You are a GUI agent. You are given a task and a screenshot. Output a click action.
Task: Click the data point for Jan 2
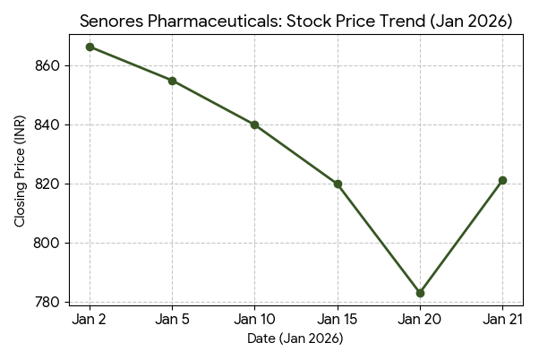[x=90, y=47]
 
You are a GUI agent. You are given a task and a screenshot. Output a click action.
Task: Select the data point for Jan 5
[x=172, y=81]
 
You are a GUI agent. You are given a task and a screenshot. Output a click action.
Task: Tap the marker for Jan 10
[x=254, y=124]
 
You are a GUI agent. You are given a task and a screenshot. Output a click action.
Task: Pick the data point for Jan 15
[x=338, y=184]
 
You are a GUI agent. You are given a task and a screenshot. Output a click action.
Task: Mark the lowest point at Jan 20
[x=420, y=293]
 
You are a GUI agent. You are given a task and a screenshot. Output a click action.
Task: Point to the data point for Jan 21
[x=502, y=180]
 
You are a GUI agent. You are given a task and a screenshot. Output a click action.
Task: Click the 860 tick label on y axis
[x=47, y=65]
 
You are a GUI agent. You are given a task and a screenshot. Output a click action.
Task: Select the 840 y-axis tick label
[x=47, y=124]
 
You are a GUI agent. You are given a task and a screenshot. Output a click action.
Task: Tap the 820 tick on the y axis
[x=47, y=184]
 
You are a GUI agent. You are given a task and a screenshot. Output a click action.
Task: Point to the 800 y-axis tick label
[x=47, y=243]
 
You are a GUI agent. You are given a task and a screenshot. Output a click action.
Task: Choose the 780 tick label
[x=47, y=302]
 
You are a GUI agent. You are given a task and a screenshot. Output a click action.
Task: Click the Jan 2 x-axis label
[x=90, y=320]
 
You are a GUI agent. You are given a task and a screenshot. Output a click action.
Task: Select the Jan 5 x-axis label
[x=172, y=320]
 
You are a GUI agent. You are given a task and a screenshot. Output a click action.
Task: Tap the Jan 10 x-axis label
[x=254, y=320]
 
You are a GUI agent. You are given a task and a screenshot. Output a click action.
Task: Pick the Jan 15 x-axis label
[x=338, y=320]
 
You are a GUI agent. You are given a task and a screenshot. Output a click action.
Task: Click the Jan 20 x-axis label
[x=420, y=320]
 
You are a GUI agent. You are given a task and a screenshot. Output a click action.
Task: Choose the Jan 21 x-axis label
[x=502, y=320]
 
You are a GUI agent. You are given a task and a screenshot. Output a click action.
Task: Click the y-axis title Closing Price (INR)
[x=20, y=175]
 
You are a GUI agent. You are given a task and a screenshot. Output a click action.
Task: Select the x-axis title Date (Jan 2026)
[x=295, y=339]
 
